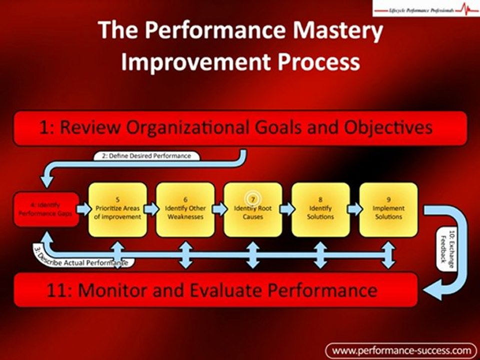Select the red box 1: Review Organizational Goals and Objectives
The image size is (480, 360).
click(240, 128)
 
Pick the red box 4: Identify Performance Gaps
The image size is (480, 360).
click(46, 209)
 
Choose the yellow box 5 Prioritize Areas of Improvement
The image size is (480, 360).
click(118, 209)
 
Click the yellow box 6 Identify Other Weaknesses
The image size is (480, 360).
click(185, 209)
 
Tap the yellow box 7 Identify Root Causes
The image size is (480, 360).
click(253, 209)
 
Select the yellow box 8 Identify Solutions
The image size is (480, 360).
click(321, 209)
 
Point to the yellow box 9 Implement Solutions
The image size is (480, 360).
click(388, 209)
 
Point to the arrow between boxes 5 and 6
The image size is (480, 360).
click(151, 208)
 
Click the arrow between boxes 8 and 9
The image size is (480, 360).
click(354, 208)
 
